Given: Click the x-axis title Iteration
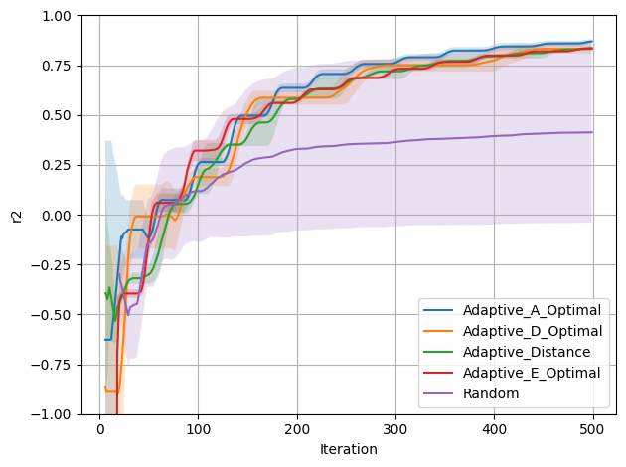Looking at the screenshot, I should [x=349, y=449].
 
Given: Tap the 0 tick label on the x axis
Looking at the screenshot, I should [x=99, y=429].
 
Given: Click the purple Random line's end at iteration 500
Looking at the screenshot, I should [x=592, y=132].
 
